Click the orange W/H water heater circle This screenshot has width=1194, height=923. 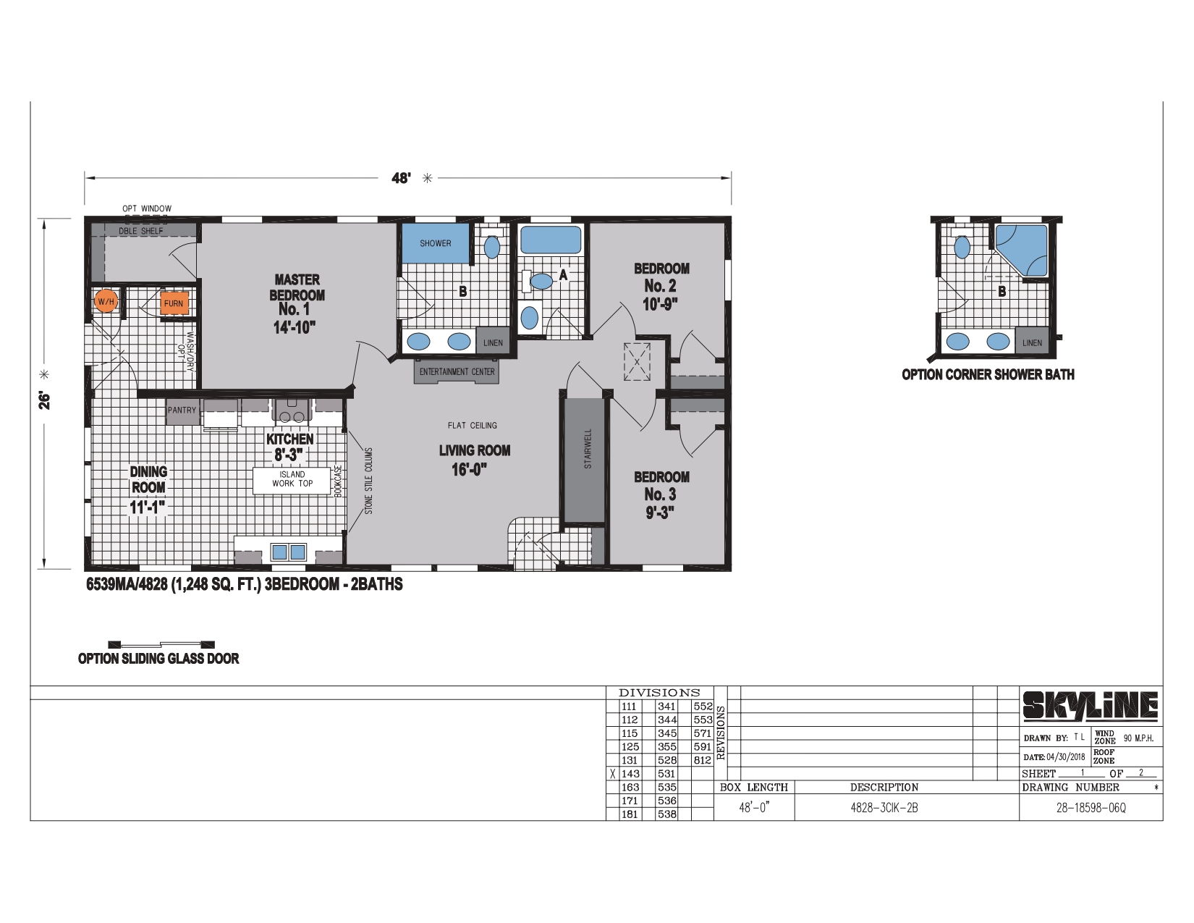coord(106,301)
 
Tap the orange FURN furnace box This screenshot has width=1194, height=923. coord(174,303)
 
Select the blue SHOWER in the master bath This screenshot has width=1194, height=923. coord(435,243)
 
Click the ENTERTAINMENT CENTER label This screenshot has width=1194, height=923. coord(457,371)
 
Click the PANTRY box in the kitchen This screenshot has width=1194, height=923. coord(182,410)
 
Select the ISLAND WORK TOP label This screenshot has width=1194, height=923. coord(292,479)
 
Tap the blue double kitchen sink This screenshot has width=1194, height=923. coord(289,552)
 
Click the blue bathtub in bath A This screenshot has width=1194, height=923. coord(551,239)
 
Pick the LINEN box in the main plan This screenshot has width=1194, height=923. coord(492,342)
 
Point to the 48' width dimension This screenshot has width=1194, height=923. coord(401,177)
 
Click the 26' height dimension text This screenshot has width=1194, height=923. coord(45,401)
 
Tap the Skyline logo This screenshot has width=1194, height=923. coord(1090,705)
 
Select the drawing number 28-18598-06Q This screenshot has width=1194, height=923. coord(1091,809)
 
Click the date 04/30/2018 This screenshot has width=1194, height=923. coord(1066,756)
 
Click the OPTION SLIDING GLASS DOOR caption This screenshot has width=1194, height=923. coord(158,659)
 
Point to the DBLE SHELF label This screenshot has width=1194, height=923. coord(141,231)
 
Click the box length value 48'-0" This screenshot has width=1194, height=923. coord(753,808)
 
